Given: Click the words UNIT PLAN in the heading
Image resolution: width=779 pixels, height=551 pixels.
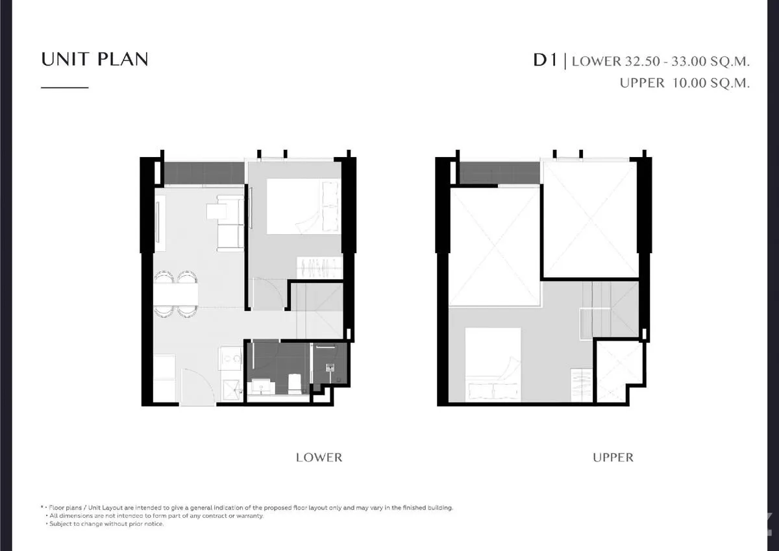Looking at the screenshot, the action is pos(95,60).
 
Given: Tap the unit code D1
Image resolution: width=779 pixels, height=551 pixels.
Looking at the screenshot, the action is pos(545,60).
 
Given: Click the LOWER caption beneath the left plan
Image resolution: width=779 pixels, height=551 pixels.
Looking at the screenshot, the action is pos(319,458).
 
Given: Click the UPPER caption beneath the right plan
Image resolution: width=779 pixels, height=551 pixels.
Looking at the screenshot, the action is pos(613,458).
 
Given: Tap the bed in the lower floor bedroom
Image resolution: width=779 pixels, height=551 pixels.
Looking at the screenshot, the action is pos(303,206).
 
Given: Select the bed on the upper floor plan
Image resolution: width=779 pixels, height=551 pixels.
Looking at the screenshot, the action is pos(493,364).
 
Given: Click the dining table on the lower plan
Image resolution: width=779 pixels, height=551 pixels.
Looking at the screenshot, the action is pos(176,295).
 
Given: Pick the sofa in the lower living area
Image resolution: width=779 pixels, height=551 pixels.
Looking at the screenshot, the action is pos(230,223).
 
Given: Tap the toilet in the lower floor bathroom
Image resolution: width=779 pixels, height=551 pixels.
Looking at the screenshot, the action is pos(295,384).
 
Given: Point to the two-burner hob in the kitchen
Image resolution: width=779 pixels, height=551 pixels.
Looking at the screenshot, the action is pos(230,358).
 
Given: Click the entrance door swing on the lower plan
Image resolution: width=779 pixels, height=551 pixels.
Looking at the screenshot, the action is pos(197,386).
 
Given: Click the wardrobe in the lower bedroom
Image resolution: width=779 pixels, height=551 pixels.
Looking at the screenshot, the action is pos(319,267).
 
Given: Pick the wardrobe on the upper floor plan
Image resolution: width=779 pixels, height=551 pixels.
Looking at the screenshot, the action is pos(582,385).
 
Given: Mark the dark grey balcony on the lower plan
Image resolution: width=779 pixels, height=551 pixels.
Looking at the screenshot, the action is pos(204,173).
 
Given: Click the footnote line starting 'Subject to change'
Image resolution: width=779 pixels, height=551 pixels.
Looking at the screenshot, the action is pos(106,524).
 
